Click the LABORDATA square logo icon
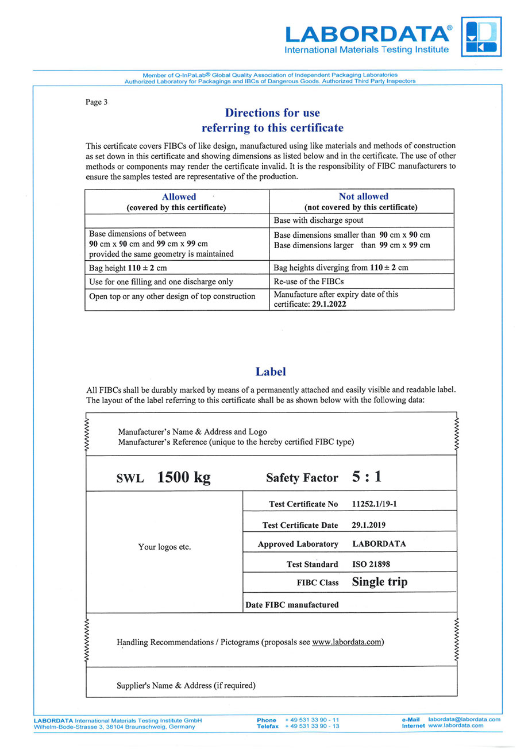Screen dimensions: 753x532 (x=481, y=36)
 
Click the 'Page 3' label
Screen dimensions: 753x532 (x=97, y=102)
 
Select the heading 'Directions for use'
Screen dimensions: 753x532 (x=272, y=113)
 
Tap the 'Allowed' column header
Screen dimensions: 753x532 (x=179, y=196)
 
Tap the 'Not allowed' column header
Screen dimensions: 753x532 (x=363, y=196)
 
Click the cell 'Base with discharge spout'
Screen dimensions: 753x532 (x=318, y=221)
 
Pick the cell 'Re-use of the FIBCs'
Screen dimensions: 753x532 (x=309, y=281)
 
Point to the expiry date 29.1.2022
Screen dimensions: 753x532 (x=329, y=304)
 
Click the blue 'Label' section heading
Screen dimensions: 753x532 (x=271, y=372)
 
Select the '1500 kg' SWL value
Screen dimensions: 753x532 (x=184, y=477)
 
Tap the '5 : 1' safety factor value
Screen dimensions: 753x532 (x=367, y=477)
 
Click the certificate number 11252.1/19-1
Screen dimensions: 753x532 (x=374, y=504)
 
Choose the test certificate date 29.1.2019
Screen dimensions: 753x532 (x=368, y=525)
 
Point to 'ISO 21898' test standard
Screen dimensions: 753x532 (x=371, y=564)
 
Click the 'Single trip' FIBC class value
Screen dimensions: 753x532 (x=379, y=582)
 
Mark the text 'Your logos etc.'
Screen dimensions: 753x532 (x=164, y=547)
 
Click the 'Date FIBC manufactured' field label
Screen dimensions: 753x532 (x=292, y=605)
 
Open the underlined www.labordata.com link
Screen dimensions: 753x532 (x=347, y=642)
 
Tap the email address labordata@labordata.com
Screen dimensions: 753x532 (x=464, y=719)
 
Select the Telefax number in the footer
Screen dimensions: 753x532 (x=312, y=726)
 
